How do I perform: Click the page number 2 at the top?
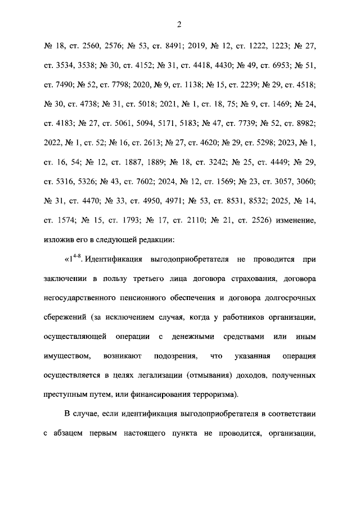tap(179, 24)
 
